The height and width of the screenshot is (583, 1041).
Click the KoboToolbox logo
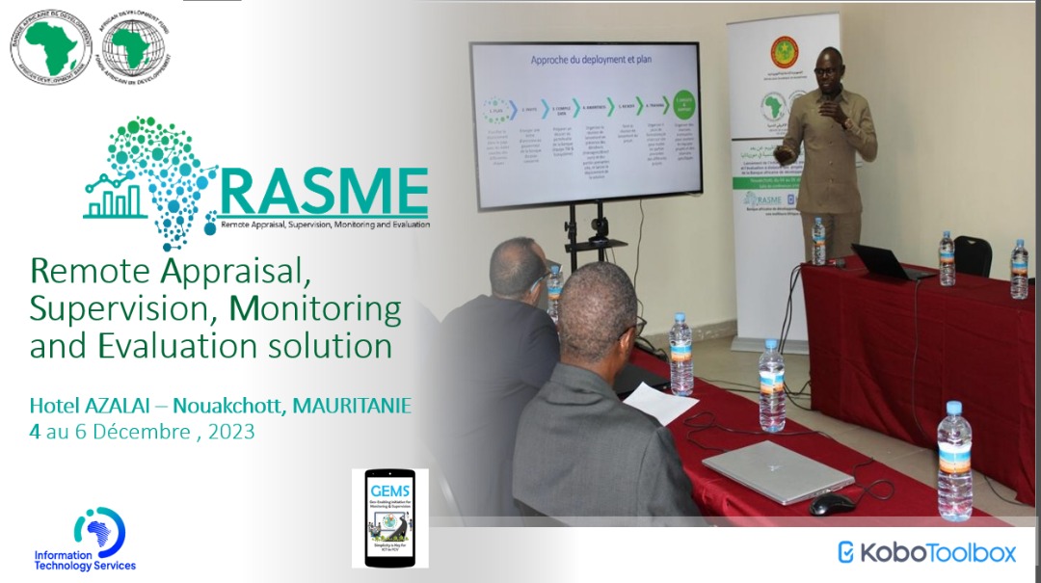click(926, 552)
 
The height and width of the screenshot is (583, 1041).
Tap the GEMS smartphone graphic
click(389, 517)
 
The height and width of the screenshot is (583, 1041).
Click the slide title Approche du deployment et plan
click(583, 60)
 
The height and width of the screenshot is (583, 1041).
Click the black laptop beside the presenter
click(882, 261)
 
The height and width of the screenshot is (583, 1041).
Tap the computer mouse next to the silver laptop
click(831, 504)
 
